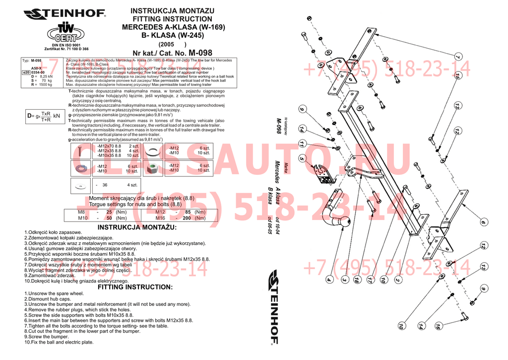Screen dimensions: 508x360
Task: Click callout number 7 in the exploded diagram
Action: coord(457,56)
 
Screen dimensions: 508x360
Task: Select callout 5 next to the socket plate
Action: coord(308,161)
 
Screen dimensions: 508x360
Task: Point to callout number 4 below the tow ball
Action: coord(328,280)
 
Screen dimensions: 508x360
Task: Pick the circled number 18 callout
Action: coord(356,281)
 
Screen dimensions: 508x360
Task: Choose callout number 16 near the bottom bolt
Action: coord(438,326)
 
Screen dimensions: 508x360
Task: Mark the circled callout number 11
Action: coord(302,144)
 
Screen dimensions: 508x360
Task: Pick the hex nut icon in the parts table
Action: coord(153,168)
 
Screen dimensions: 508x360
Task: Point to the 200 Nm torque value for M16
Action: coord(187,218)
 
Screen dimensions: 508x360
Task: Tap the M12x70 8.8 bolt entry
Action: coord(109,146)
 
